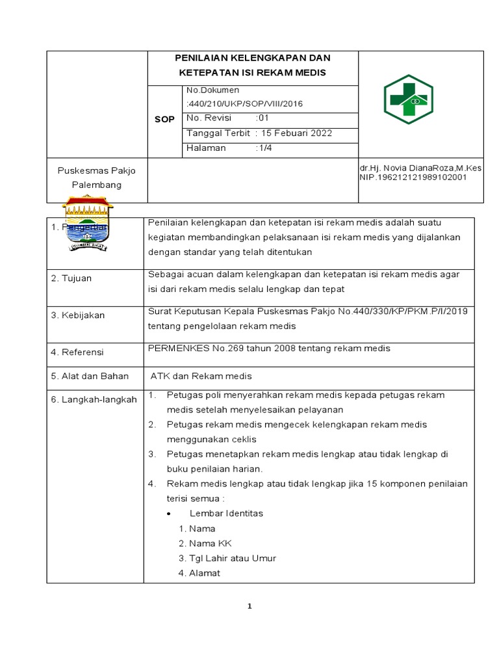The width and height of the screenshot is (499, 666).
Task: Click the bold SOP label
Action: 164,120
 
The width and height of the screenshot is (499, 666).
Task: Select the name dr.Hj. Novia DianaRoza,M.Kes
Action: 420,168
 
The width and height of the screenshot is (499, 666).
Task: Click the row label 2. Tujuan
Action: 71,278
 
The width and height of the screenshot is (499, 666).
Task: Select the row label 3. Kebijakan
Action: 78,315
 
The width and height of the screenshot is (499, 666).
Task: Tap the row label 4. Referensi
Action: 77,352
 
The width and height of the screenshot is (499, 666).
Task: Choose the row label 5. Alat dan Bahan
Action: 90,376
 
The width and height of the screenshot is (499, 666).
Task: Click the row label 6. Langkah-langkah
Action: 94,399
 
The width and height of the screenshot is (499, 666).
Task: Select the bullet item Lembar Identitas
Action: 226,513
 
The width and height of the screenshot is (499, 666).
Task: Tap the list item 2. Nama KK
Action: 205,543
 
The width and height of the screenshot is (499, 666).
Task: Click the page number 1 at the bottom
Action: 249,607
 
